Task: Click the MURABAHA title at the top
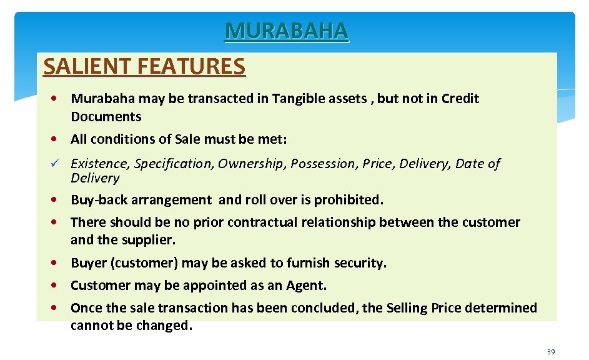click(287, 31)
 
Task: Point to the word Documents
click(106, 117)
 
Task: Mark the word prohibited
click(349, 200)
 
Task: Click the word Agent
click(306, 286)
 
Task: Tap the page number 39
click(550, 352)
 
